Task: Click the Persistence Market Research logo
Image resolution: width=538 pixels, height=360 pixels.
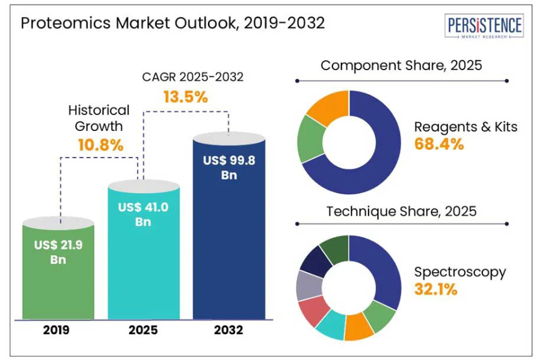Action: click(485, 27)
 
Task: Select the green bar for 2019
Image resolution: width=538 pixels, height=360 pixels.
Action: click(58, 278)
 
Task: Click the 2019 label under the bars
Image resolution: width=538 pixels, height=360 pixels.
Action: click(58, 330)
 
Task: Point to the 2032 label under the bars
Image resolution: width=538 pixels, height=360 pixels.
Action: click(228, 330)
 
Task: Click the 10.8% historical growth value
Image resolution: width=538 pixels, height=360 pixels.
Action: click(101, 145)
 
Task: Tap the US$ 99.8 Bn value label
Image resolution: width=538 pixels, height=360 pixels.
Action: click(229, 168)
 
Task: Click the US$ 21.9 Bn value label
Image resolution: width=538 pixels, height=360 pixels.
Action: click(58, 252)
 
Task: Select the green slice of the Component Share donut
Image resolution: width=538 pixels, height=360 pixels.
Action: click(310, 138)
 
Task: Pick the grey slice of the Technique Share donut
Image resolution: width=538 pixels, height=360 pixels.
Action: click(307, 286)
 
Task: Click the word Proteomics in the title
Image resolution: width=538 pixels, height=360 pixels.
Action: click(60, 24)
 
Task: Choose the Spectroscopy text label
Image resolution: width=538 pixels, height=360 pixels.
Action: click(460, 272)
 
